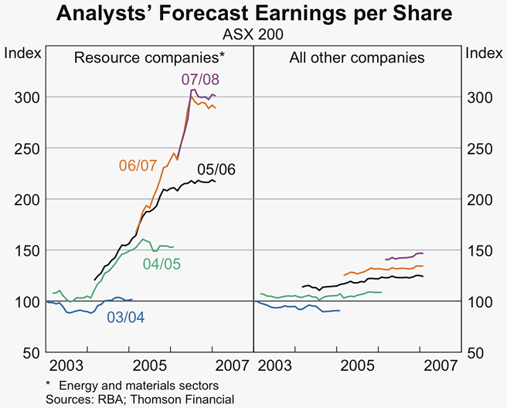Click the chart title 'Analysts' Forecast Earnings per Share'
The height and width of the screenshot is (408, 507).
[x=253, y=14]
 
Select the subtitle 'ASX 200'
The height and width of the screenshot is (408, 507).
[x=253, y=34]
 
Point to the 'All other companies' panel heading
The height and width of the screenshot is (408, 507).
[x=357, y=57]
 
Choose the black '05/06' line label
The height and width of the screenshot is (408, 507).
[x=216, y=170]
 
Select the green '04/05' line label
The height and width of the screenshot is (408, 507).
[x=162, y=264]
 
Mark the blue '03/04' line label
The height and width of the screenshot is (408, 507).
[x=126, y=316]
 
